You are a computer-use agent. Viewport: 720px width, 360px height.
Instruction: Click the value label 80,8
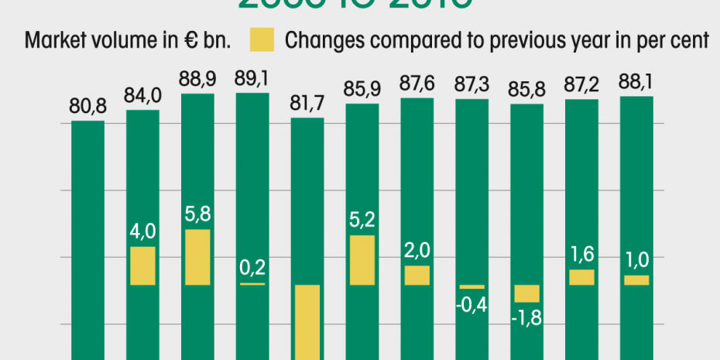[x=87, y=104]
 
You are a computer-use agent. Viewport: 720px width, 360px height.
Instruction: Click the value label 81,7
[x=307, y=101]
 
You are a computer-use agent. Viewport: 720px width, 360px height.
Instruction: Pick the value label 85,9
[x=362, y=88]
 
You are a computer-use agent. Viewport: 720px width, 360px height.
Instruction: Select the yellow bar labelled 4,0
[x=142, y=266]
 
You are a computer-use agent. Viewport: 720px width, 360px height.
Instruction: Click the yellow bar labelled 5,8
[x=197, y=257]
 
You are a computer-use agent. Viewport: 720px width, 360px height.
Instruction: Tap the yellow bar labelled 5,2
[x=362, y=260]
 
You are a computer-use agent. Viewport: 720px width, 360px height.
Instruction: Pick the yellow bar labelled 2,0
[x=417, y=276]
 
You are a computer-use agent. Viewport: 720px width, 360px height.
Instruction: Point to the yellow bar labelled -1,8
[x=527, y=293]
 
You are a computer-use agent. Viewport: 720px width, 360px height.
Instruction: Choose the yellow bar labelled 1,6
[x=582, y=277]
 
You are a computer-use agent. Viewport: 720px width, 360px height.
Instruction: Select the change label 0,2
[x=252, y=268]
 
